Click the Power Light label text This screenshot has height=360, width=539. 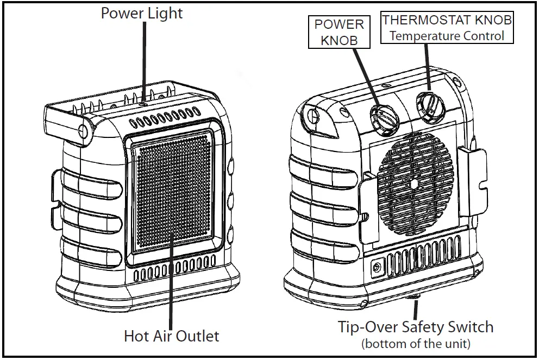(x=142, y=13)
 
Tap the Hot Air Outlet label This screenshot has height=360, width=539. (x=171, y=336)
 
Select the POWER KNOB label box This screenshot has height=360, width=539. (x=339, y=33)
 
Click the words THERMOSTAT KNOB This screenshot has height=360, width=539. (x=447, y=21)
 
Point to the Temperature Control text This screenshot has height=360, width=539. (x=447, y=36)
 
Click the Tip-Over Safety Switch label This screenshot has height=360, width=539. (x=416, y=327)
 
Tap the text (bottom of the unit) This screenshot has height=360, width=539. (x=416, y=344)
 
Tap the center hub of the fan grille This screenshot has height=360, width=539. (x=414, y=184)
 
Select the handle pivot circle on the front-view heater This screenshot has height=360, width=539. (x=83, y=131)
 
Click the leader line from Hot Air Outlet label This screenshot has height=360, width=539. (x=171, y=282)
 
